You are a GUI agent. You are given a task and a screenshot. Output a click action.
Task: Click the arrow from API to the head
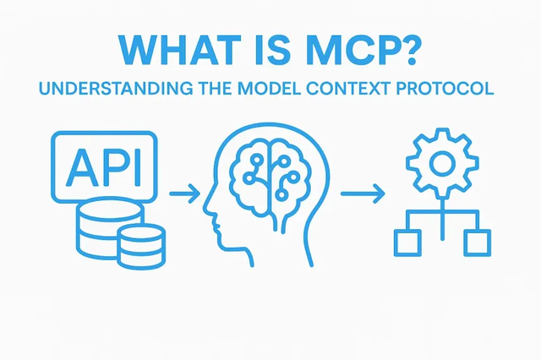click(x=185, y=194)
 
